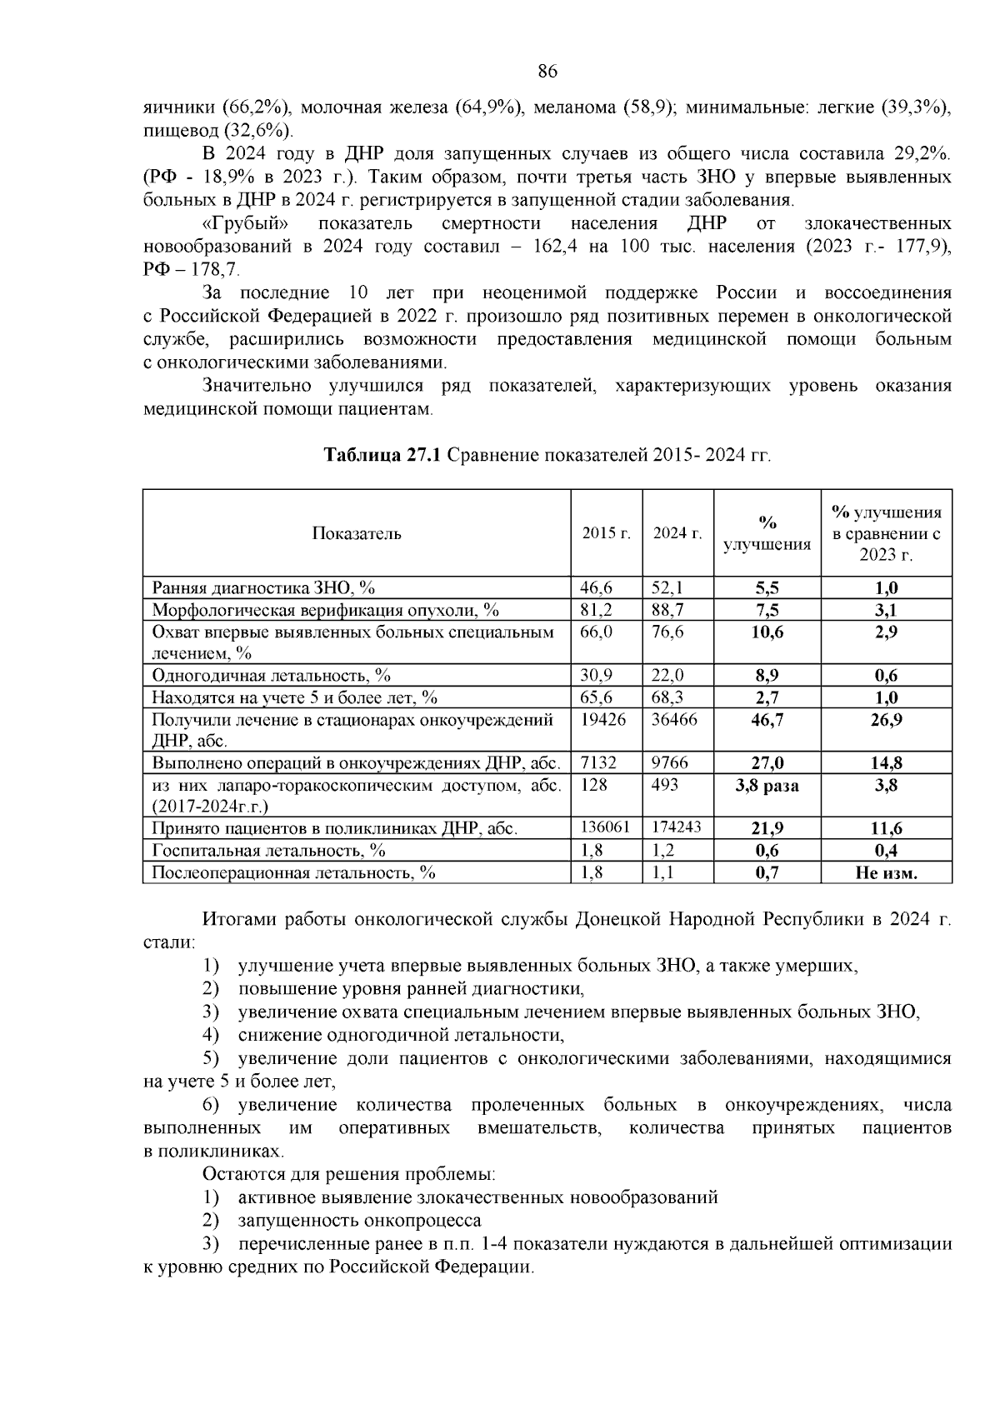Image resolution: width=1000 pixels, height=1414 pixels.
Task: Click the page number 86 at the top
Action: coord(547,72)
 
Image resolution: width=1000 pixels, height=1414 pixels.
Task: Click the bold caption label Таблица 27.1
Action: coord(383,455)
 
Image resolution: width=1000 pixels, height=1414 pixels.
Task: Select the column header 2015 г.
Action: coord(606,533)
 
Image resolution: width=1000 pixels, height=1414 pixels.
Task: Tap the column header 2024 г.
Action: coord(677,533)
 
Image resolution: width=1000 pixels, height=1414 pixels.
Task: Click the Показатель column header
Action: coord(357,533)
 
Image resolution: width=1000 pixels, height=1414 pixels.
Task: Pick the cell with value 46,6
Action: coord(596,587)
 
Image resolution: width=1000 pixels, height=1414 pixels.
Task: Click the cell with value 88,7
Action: coord(667,610)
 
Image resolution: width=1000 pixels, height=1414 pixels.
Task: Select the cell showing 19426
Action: coord(602,718)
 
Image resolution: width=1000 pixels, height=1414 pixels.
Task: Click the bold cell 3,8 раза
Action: coord(767,785)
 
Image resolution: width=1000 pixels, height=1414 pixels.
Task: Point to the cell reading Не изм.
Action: coord(886,873)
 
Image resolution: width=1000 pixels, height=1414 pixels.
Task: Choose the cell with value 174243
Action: coord(677,827)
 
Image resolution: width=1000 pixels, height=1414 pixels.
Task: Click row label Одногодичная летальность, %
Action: coord(271,675)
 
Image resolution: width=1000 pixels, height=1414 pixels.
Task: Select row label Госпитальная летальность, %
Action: coord(268,851)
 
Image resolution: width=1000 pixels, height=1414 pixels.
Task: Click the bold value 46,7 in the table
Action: coord(767,720)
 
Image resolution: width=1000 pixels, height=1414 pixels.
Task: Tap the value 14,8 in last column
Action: coord(886,762)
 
